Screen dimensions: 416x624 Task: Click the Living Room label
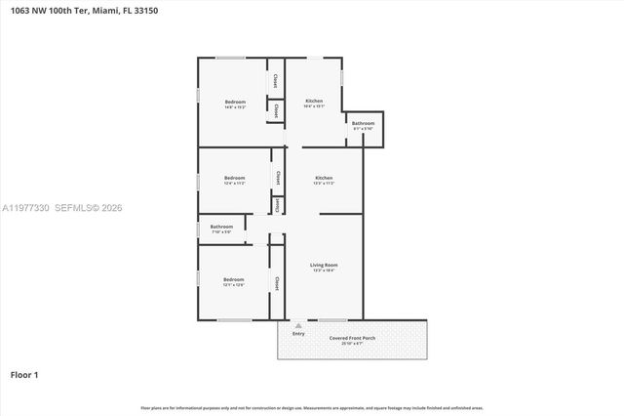pos(324,265)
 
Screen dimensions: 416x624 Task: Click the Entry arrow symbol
pos(298,326)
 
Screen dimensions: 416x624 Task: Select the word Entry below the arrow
pos(298,334)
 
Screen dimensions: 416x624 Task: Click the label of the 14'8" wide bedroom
pos(235,102)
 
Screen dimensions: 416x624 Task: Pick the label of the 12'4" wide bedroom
pos(235,178)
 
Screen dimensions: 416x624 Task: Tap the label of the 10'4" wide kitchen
pos(314,101)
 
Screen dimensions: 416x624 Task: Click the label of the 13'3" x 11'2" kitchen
pos(324,178)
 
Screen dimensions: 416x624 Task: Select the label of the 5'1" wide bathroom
pos(363,123)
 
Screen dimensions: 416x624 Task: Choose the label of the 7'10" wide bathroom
pos(221,227)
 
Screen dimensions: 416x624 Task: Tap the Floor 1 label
pos(24,374)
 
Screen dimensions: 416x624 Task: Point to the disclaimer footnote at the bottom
pos(312,407)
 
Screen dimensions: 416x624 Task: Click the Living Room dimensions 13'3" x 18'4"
pos(324,270)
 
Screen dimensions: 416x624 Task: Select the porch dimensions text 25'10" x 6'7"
pos(346,344)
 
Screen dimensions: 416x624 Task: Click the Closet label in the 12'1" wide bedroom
pos(277,282)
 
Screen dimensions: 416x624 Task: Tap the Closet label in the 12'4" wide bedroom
pos(278,178)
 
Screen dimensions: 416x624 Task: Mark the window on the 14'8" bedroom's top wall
pos(230,58)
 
